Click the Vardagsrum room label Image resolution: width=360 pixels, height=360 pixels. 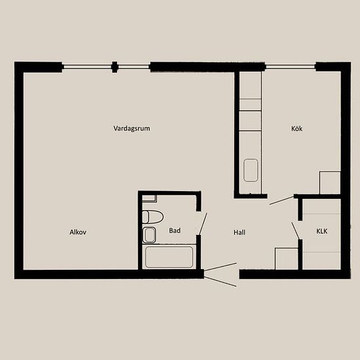pos(132,128)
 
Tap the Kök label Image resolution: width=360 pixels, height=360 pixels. pos(297,128)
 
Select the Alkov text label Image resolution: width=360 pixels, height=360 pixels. pos(78,232)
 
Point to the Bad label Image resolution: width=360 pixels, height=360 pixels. pos(175,230)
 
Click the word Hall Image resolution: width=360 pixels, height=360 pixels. pos(239,232)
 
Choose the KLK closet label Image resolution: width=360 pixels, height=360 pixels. pos(322,231)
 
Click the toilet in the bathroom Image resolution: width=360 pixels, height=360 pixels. pos(153,217)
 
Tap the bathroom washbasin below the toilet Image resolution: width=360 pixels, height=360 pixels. pos(149,235)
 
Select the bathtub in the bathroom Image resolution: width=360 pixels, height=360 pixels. pos(170,257)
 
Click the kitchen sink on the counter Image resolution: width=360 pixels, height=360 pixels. pos(251,170)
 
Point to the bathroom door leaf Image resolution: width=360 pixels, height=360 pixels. pos(203,224)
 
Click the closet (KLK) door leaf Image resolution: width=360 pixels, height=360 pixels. pos(295,231)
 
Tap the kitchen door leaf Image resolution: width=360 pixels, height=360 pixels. pos(282,200)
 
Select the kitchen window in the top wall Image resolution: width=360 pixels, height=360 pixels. pos(291,67)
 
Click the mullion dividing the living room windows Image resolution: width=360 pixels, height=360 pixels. pos(115,67)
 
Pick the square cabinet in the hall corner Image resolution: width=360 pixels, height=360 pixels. pos(286,259)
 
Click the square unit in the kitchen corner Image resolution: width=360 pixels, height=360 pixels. pos(330,183)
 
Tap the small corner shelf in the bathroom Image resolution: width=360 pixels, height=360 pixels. pos(149,199)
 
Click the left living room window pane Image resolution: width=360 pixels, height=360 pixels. pos(87,67)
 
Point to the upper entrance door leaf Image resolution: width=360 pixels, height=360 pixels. pos(221,267)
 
